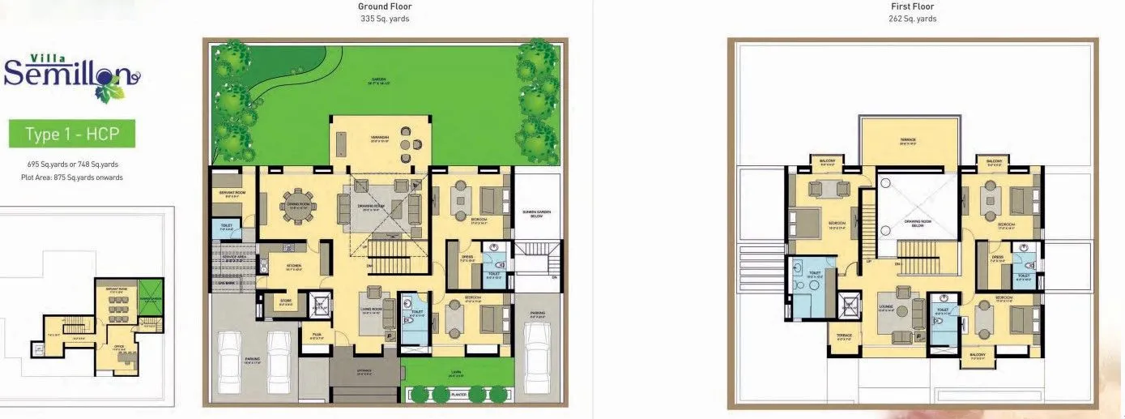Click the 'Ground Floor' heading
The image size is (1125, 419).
[385, 6]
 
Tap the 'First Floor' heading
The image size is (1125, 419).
[912, 6]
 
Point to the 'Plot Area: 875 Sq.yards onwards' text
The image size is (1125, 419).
[72, 177]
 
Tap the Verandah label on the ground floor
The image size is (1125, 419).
[381, 138]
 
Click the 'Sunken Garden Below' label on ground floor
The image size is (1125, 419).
[533, 213]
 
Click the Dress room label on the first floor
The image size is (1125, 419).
[998, 257]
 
